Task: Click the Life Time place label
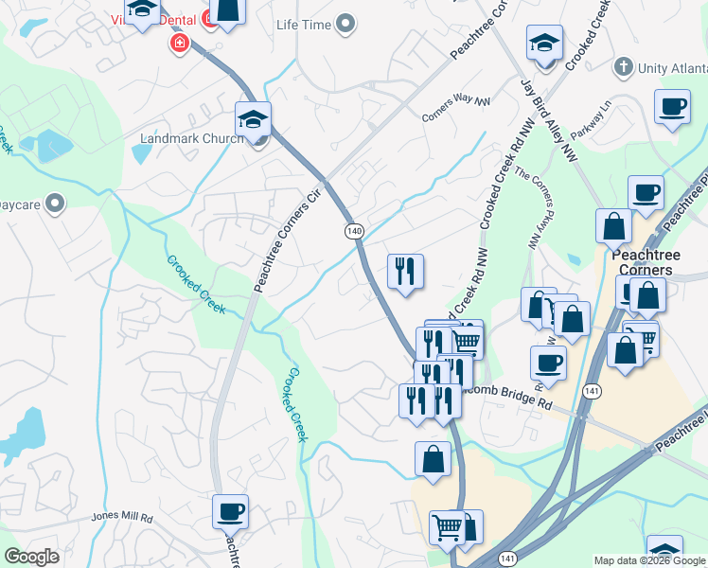coord(305,23)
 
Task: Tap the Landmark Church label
coord(191,138)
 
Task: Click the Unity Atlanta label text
coord(672,68)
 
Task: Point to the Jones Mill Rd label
coord(122,518)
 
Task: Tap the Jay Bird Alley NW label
coord(549,117)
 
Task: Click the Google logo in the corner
coord(31,557)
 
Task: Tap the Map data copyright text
coord(649,561)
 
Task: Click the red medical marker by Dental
coord(178,43)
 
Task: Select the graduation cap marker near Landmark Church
coord(253,119)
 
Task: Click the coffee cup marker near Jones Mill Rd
coord(230,512)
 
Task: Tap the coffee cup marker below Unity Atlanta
coord(672,107)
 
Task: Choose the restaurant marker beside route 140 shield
coord(405,272)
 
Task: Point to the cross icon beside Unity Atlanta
coord(622,67)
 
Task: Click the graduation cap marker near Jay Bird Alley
coord(545,44)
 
